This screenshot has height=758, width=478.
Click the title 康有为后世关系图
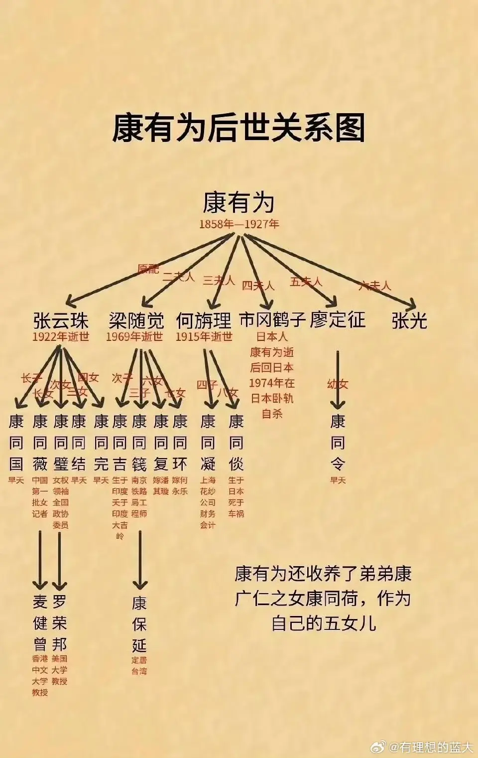pyautogui.click(x=239, y=128)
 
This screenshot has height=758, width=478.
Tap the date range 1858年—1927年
pyautogui.click(x=239, y=224)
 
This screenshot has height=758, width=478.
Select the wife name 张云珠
pyautogui.click(x=61, y=320)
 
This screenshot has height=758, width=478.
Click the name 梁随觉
pyautogui.click(x=136, y=320)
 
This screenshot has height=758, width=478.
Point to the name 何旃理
pyautogui.click(x=204, y=320)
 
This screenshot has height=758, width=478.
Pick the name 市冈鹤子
pyautogui.click(x=272, y=319)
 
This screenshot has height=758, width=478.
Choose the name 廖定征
pyautogui.click(x=338, y=319)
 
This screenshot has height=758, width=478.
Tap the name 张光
pyautogui.click(x=409, y=320)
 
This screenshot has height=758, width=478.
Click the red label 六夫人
pyautogui.click(x=374, y=286)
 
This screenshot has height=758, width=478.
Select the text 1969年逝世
pyautogui.click(x=134, y=337)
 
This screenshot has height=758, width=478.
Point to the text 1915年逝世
pyautogui.click(x=204, y=337)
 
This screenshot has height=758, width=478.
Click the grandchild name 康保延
pyautogui.click(x=139, y=624)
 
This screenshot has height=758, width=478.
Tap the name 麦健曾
pyautogui.click(x=40, y=623)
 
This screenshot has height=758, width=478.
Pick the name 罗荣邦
pyautogui.click(x=59, y=623)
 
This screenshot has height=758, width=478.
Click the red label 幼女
pyautogui.click(x=338, y=384)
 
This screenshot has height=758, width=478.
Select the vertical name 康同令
pyautogui.click(x=338, y=443)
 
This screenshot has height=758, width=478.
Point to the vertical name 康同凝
pyautogui.click(x=208, y=443)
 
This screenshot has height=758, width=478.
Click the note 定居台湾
pyautogui.click(x=139, y=666)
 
